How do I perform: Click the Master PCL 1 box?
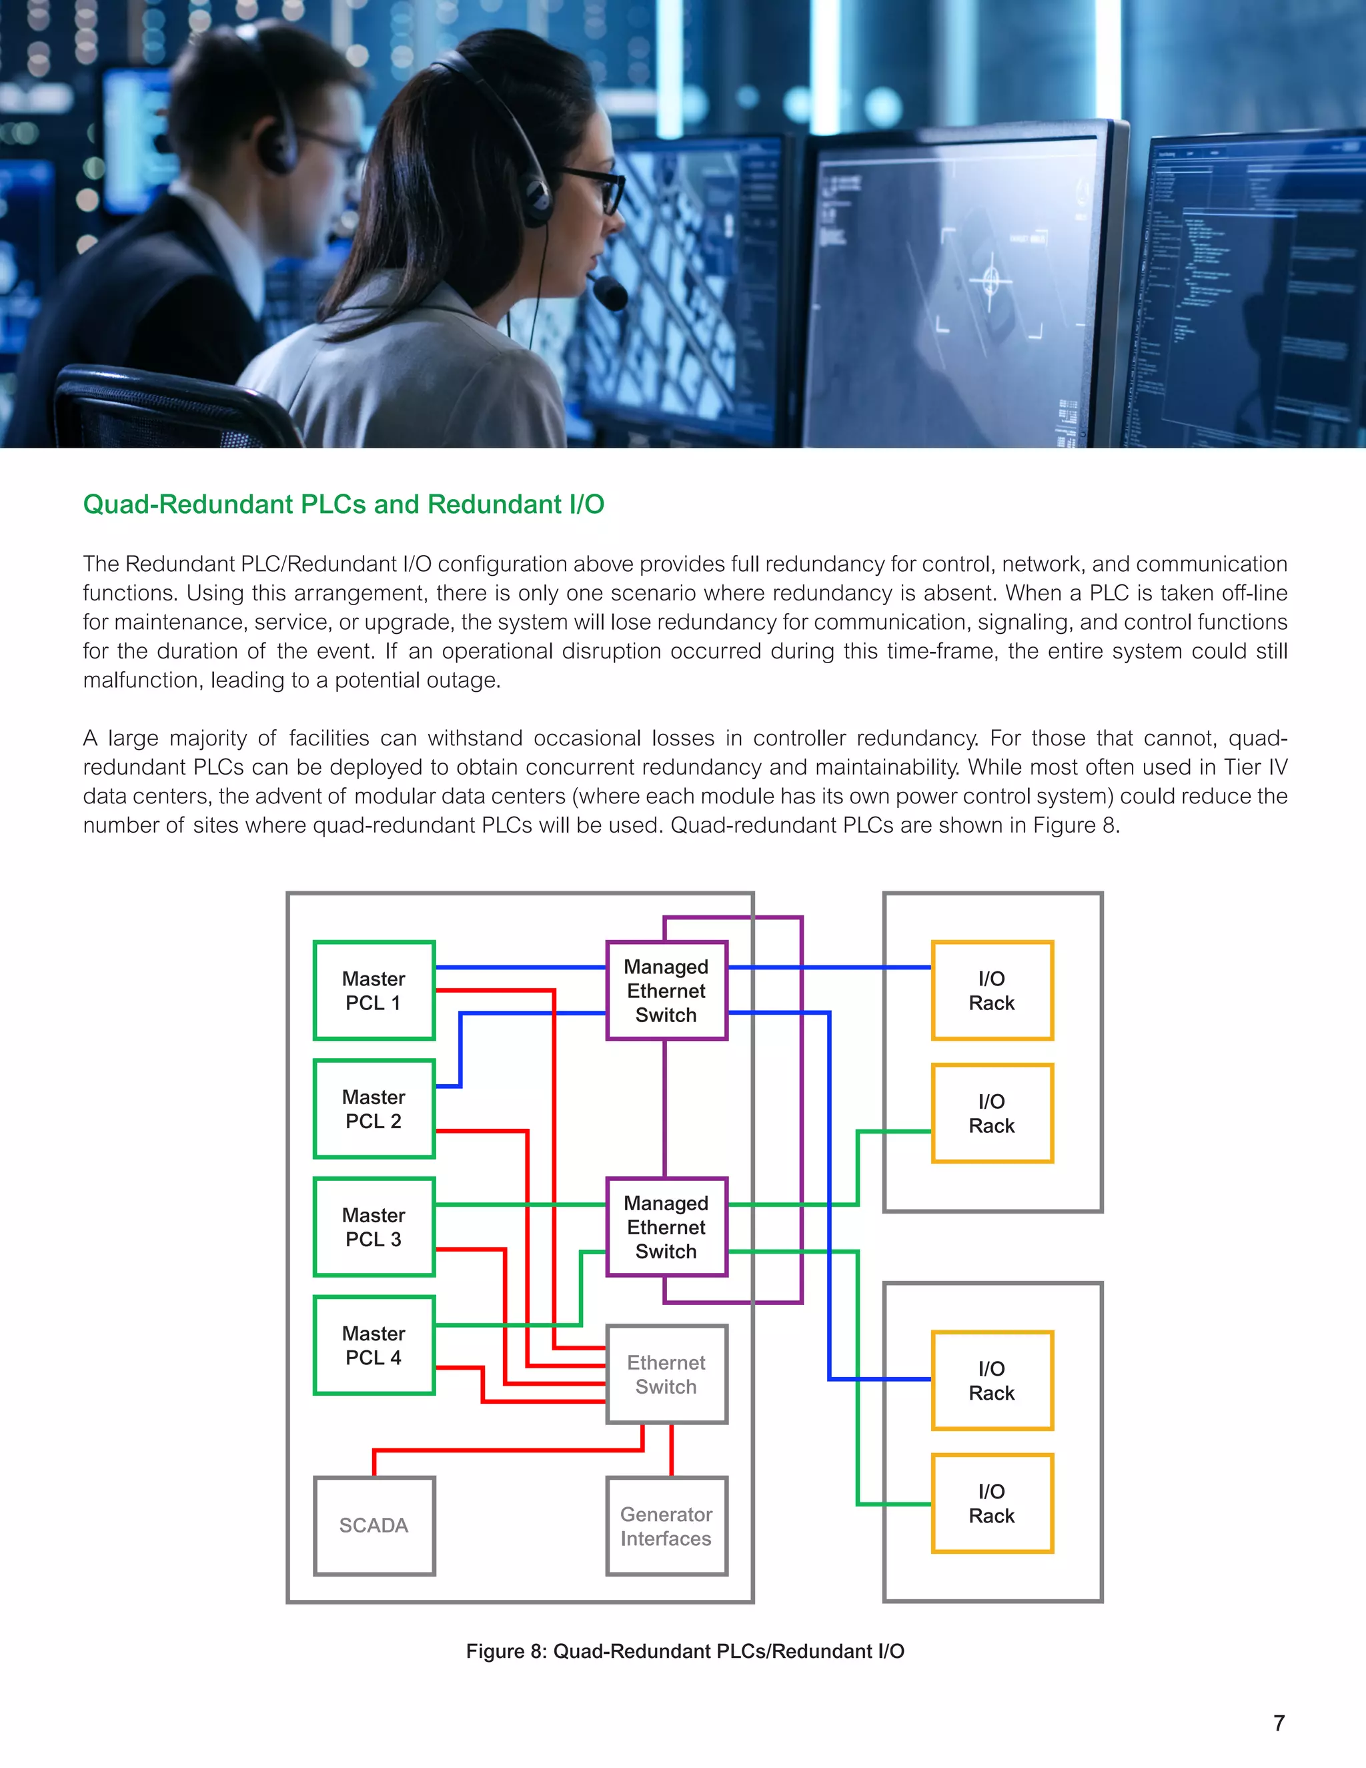(374, 990)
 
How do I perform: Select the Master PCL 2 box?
(374, 1108)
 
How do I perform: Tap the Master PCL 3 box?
(374, 1226)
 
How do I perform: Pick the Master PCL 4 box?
(374, 1344)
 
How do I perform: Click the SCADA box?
(374, 1525)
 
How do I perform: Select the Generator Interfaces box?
(666, 1526)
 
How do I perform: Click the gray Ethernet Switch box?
(666, 1374)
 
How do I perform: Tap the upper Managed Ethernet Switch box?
(666, 990)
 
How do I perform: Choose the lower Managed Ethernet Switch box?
(666, 1226)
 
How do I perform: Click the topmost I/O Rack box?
(991, 990)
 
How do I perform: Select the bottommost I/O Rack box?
(991, 1503)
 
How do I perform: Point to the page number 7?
(1279, 1723)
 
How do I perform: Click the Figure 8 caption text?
(684, 1651)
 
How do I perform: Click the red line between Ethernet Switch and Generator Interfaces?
(672, 1450)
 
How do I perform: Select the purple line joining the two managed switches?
(665, 1108)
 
